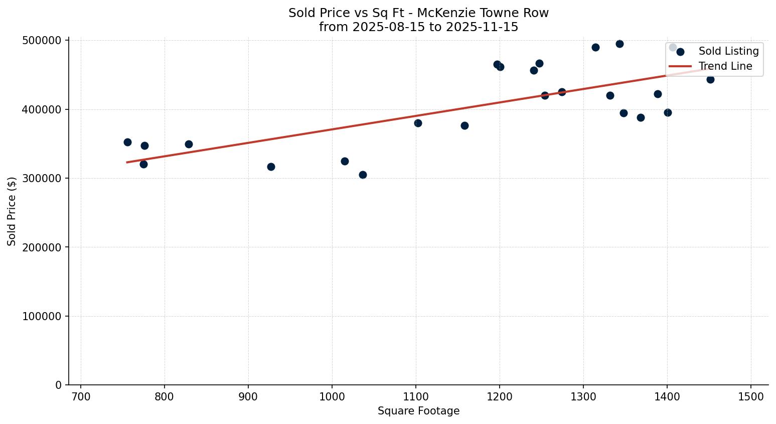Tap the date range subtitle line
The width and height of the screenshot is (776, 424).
coord(418,27)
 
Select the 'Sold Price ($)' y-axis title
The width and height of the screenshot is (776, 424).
coord(12,211)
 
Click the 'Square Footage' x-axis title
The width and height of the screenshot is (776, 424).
coord(418,411)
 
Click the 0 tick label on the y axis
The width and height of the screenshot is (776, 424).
coord(59,385)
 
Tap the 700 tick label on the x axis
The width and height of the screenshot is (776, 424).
coord(81,396)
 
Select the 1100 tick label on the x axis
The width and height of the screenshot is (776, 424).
coord(415,396)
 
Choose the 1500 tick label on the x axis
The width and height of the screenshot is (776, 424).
coord(750,396)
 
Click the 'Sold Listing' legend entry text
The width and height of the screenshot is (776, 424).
coord(728,51)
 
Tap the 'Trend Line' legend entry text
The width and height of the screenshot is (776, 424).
coord(725,66)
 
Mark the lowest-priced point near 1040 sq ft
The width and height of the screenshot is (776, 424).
coord(363,175)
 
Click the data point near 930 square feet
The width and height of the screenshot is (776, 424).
coord(271,167)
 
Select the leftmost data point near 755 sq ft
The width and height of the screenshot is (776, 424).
coord(127,142)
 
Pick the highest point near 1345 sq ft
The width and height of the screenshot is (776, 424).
coord(619,44)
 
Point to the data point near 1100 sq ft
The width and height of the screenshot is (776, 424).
coord(418,123)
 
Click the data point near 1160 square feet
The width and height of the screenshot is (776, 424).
coord(464,125)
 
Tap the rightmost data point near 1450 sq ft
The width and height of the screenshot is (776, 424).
coord(710,79)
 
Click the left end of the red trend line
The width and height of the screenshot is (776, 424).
coord(127,162)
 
